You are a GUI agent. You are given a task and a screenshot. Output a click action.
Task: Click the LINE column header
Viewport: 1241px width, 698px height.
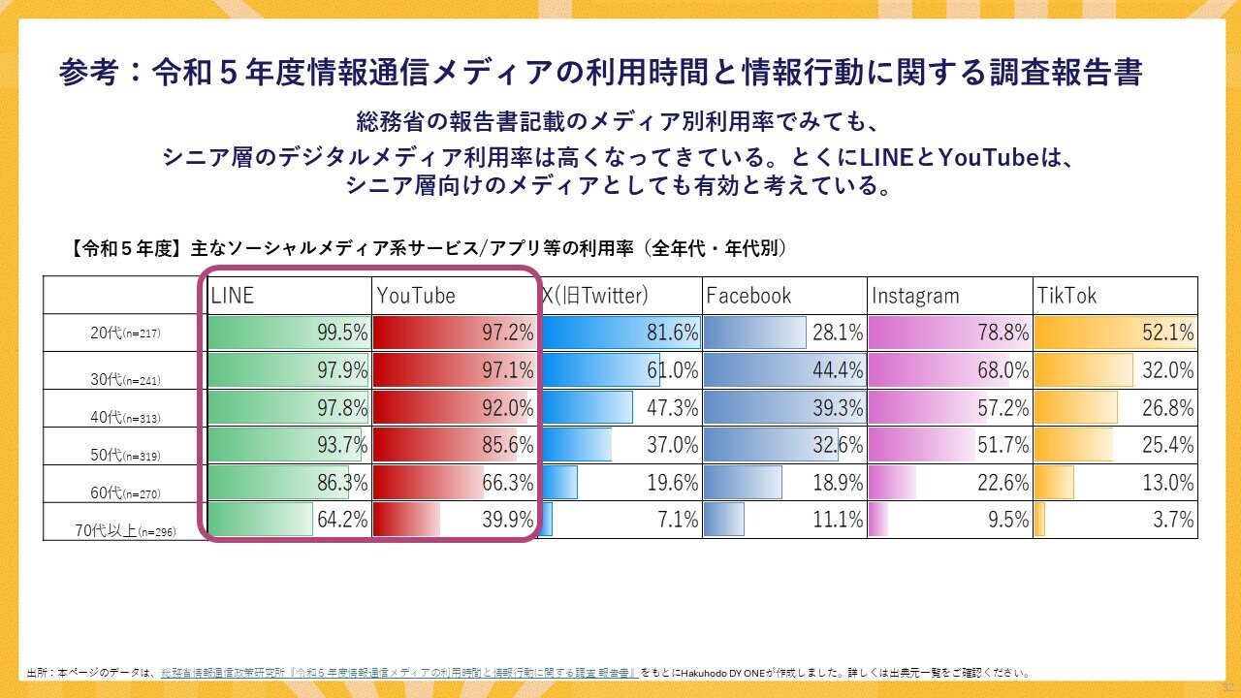(x=233, y=296)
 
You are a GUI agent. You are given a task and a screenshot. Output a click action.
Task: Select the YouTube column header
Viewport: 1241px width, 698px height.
(x=416, y=296)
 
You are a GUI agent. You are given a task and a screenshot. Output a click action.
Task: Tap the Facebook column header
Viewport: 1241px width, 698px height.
(x=748, y=296)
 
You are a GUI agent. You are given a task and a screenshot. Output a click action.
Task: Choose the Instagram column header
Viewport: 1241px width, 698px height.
(x=915, y=296)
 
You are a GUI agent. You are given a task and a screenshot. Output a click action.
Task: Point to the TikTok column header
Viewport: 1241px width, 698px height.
(x=1067, y=296)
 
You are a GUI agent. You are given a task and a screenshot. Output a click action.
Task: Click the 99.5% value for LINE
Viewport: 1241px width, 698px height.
(x=342, y=333)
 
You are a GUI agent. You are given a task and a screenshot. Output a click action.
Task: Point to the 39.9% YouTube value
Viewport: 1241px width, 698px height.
(x=508, y=521)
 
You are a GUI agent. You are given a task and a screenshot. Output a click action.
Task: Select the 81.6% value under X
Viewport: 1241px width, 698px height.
(x=673, y=333)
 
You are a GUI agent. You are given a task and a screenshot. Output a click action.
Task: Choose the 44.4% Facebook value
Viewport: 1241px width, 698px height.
(x=838, y=370)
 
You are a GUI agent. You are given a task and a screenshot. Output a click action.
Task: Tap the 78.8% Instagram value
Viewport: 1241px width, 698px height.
(x=1002, y=333)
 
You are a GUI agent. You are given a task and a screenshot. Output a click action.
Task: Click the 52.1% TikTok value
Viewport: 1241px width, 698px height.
(x=1168, y=333)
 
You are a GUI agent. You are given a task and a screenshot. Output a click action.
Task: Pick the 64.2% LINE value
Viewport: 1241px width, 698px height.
(x=342, y=521)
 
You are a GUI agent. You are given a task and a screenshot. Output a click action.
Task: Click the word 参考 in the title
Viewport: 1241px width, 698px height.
(x=88, y=73)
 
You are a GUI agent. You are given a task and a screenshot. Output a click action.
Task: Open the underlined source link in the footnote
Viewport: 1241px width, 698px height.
(x=398, y=672)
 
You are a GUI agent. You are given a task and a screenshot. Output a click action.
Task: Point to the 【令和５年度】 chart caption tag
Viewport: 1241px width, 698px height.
(x=126, y=249)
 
